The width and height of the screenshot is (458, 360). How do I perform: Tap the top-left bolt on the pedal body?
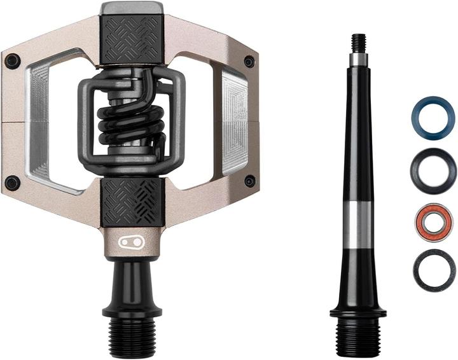coord(12,62)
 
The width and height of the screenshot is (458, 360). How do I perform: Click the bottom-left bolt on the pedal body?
coord(12,183)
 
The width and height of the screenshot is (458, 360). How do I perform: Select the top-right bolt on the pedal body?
coord(249,62)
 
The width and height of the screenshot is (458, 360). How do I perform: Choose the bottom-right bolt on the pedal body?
coord(249,182)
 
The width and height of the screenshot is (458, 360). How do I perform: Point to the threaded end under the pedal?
coord(132,334)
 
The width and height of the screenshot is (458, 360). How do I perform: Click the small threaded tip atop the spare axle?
coord(359,43)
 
